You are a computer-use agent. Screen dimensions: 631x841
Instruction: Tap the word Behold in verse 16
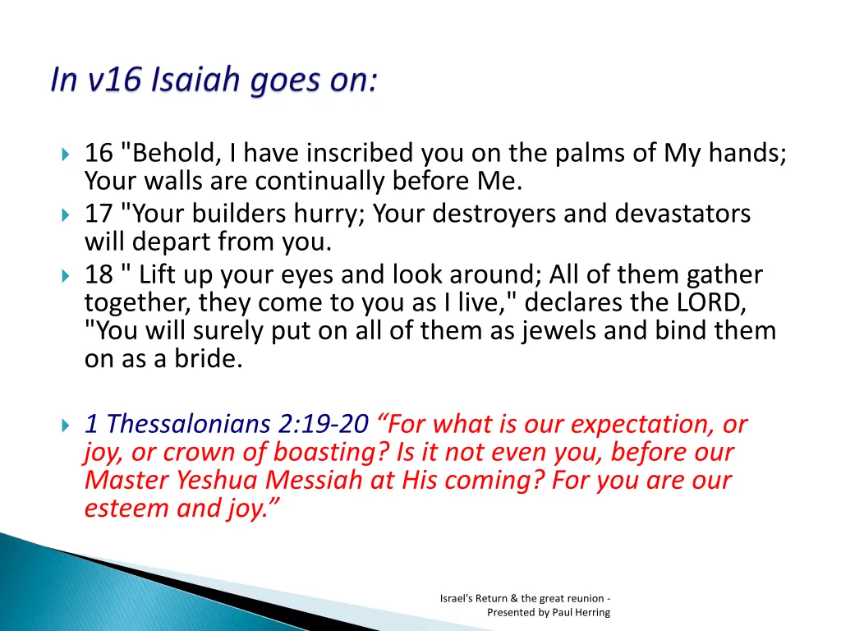point(172,154)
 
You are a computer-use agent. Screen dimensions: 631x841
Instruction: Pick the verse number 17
point(99,214)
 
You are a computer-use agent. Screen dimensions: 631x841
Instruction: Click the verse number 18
point(99,274)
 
